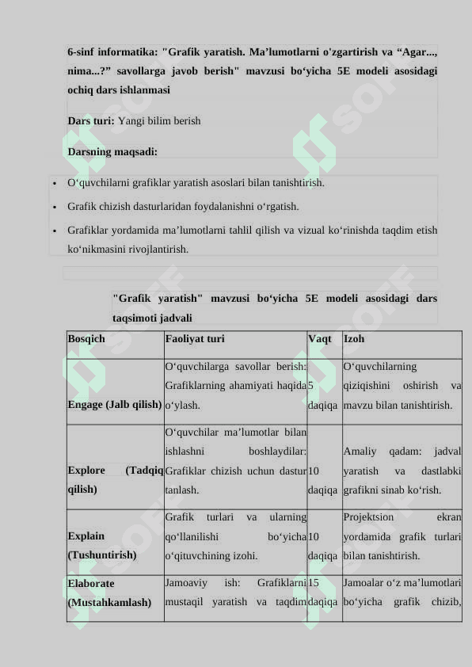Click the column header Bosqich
pyautogui.click(x=86, y=339)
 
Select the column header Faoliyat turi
pyautogui.click(x=194, y=339)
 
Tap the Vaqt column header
pyautogui.click(x=320, y=339)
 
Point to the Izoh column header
pyautogui.click(x=354, y=339)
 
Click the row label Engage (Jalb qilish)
pyautogui.click(x=115, y=405)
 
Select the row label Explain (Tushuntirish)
pyautogui.click(x=102, y=546)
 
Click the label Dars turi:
pyautogui.click(x=91, y=121)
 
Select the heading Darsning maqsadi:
pyautogui.click(x=112, y=151)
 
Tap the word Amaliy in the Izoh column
pyautogui.click(x=360, y=452)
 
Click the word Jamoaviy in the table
pyautogui.click(x=187, y=583)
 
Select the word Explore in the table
pyautogui.click(x=86, y=471)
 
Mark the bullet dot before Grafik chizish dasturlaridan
pyautogui.click(x=53, y=208)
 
